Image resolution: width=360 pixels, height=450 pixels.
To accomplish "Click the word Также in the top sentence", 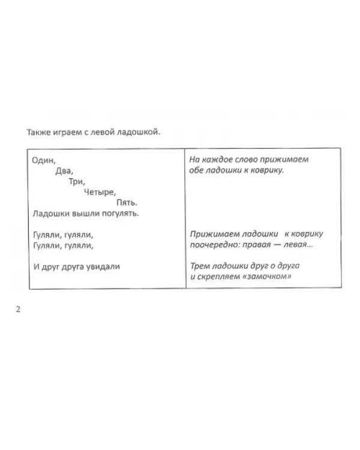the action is (x=39, y=132).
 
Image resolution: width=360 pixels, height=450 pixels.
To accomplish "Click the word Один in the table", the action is (x=43, y=160).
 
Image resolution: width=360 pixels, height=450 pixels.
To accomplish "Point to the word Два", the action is (x=64, y=171).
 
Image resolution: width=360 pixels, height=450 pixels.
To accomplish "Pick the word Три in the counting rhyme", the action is (x=77, y=182).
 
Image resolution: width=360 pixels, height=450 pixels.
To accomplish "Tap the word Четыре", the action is (x=100, y=192).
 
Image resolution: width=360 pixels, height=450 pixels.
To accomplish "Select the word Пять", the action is (x=127, y=203).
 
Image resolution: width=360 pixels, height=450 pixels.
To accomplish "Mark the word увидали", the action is (x=102, y=266).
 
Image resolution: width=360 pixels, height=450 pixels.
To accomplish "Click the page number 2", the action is (x=18, y=310).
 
